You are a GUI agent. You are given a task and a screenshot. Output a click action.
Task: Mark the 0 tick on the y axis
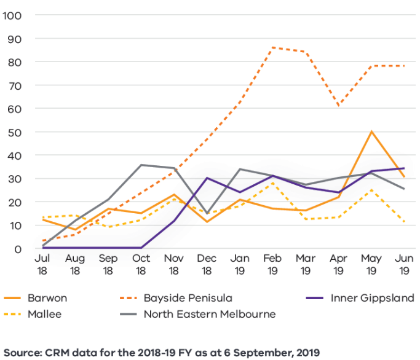[18, 249]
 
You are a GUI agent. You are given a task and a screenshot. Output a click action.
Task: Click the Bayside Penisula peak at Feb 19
[272, 47]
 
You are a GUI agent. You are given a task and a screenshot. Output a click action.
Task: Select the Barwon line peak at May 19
[371, 131]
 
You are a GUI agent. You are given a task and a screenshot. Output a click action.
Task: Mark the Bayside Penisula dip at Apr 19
[338, 106]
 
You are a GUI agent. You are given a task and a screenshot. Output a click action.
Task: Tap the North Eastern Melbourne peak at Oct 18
[141, 165]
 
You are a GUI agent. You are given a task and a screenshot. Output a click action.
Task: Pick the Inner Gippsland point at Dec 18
[207, 178]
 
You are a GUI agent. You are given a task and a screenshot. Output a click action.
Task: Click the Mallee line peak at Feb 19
[272, 183]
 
